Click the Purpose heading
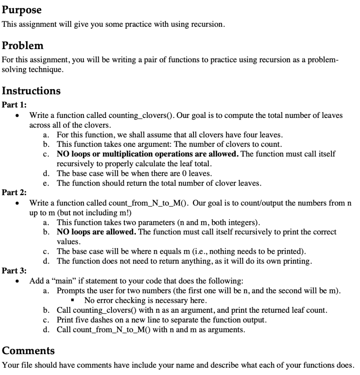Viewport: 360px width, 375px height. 22,10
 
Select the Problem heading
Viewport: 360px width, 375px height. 23,46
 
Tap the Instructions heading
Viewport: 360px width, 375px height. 31,90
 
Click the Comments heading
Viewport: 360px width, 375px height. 28,350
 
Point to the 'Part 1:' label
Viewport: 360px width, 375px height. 14,105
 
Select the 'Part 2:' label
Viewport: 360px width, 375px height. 14,192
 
